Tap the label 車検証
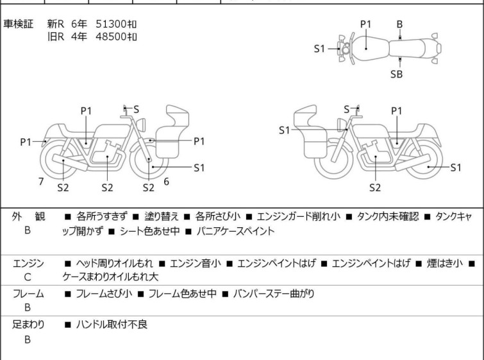point(18,24)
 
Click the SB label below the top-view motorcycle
point(396,74)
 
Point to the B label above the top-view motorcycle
point(399,24)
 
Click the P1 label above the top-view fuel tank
point(366,24)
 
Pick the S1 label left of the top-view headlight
point(319,49)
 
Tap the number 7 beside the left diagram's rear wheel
point(41,182)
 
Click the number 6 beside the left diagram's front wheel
point(167,182)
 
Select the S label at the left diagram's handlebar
point(136,109)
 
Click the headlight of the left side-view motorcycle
point(141,124)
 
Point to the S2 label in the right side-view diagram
point(375,187)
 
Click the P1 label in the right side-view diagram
point(397,110)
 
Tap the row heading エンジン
point(28,264)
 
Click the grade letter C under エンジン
point(28,277)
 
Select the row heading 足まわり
point(28,325)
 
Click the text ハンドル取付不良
point(112,325)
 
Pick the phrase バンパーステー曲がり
point(274,293)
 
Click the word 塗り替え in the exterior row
point(162,217)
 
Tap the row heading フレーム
point(28,294)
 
